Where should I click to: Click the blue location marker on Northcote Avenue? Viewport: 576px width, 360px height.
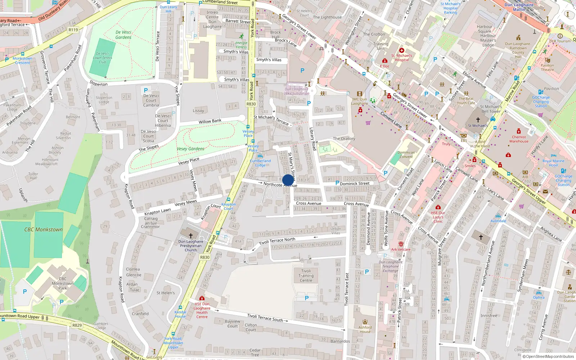[288, 180]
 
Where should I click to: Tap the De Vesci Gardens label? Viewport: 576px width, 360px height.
[123, 35]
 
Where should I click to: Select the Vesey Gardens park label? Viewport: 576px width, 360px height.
[190, 149]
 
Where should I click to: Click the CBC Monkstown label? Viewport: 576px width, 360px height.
[43, 229]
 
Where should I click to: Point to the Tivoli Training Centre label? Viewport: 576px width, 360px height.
[306, 276]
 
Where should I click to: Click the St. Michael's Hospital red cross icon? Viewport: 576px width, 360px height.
[402, 50]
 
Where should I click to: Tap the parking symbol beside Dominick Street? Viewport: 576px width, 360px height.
[337, 183]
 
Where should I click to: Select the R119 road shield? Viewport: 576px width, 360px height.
[73, 30]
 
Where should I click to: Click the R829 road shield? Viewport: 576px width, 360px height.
[77, 325]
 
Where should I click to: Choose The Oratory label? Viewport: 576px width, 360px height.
[344, 139]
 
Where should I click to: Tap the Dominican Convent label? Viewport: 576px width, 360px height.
[406, 154]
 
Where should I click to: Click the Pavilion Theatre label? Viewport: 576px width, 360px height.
[547, 67]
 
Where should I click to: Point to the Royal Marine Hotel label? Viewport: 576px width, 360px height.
[553, 163]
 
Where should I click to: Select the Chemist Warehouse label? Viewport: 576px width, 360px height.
[519, 139]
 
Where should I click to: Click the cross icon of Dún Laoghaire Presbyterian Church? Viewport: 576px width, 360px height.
[191, 235]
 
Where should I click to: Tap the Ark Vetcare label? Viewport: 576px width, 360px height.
[401, 249]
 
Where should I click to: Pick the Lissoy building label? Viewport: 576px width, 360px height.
[198, 111]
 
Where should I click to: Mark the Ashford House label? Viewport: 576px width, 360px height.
[365, 329]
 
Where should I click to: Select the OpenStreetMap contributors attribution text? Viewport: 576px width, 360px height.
[550, 357]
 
